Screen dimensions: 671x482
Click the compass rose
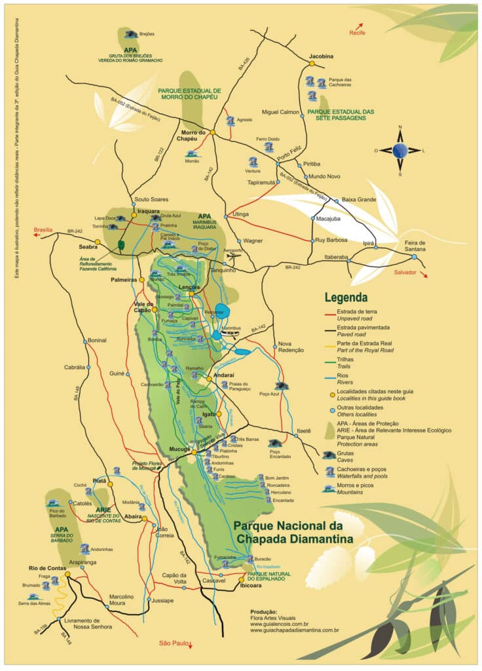click(399, 151)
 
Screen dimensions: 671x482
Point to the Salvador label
click(406, 272)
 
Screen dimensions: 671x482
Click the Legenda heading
click(346, 297)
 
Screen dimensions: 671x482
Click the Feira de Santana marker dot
click(414, 258)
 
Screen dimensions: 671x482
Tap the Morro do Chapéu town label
click(194, 135)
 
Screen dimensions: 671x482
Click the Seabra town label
click(88, 247)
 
